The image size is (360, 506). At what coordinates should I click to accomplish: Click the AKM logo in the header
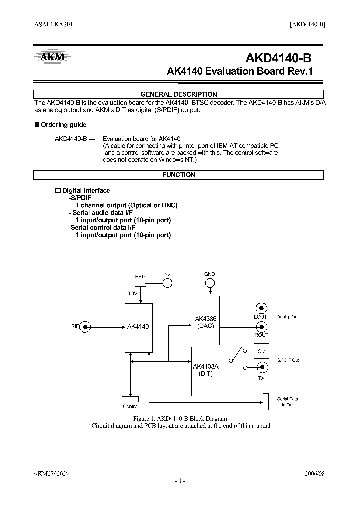52,58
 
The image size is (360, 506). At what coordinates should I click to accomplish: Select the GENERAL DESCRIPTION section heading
179,94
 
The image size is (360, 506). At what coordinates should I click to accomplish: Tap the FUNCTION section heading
179,175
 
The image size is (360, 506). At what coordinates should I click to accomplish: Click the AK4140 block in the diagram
138,327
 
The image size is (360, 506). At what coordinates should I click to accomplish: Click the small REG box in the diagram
140,283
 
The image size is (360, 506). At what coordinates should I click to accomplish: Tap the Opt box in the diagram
262,351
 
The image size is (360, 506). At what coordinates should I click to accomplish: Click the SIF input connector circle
86,327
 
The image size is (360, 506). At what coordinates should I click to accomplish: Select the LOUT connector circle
261,308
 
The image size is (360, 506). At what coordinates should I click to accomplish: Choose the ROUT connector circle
261,327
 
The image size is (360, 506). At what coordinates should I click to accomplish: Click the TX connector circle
261,368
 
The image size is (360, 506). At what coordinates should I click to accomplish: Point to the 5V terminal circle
168,283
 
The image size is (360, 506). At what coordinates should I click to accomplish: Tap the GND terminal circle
210,283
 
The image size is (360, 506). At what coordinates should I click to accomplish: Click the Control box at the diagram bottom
131,399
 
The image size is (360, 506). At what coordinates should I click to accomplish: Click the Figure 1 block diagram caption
179,418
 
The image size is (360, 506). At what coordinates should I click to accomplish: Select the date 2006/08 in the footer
314,472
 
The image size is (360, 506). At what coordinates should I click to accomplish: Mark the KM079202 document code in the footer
52,473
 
